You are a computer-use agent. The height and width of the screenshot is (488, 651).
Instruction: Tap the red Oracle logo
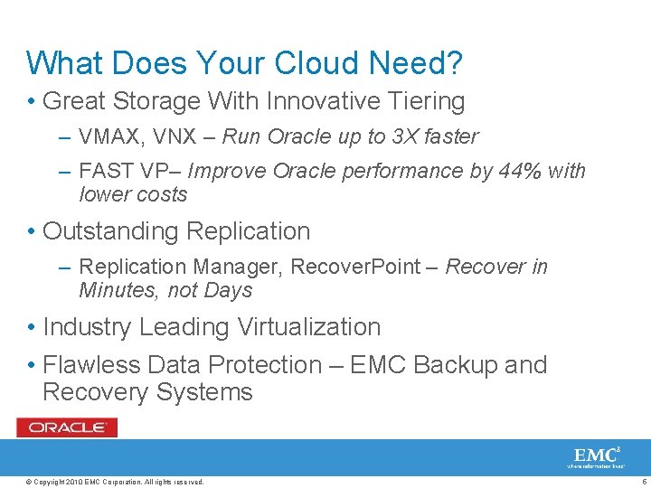[x=67, y=427]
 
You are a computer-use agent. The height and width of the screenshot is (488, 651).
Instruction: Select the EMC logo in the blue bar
[x=597, y=455]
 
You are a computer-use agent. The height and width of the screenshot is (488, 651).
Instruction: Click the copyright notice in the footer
[x=116, y=482]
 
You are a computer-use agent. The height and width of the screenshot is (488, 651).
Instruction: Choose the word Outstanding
[x=110, y=231]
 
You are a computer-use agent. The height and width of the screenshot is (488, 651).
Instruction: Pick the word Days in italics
[x=228, y=290]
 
